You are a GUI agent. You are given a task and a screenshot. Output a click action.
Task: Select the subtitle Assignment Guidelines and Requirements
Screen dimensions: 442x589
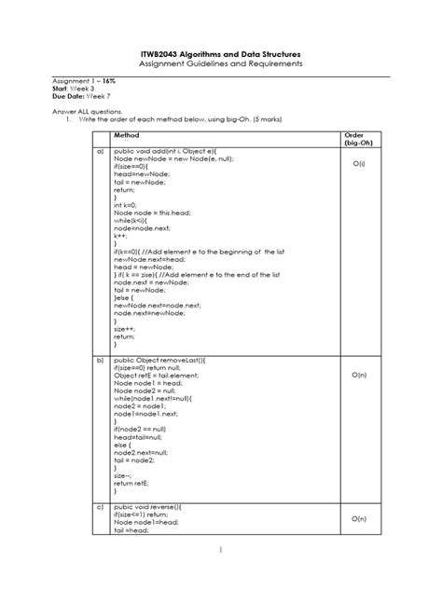tap(220, 65)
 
